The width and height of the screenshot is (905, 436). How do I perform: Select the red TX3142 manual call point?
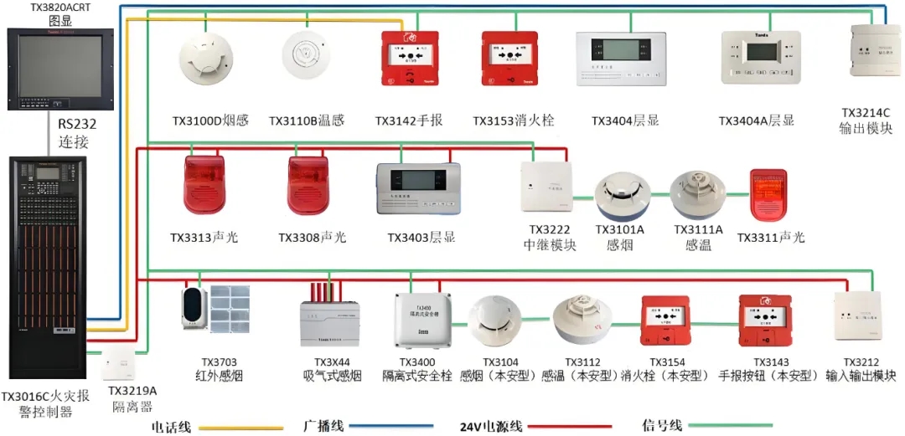410,58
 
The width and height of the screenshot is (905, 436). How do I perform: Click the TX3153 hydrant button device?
509,58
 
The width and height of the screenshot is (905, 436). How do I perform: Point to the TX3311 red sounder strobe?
768,197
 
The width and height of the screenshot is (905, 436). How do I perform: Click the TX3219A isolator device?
125,365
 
